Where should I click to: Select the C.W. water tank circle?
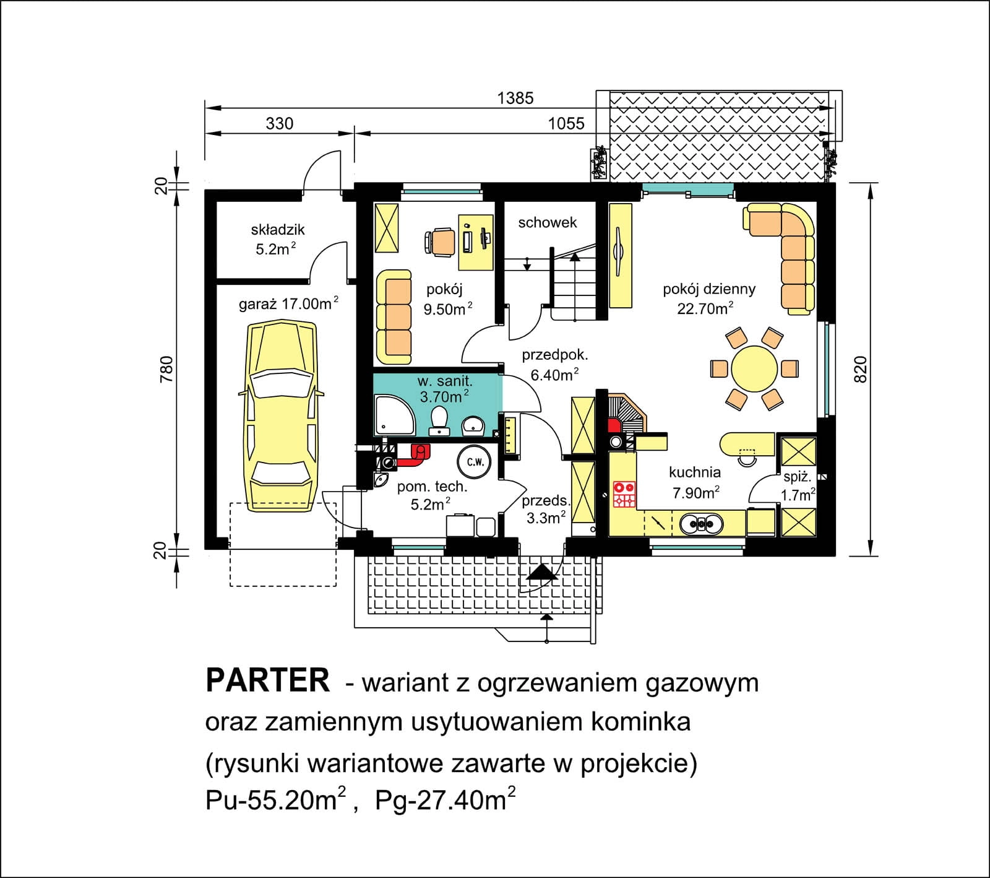(x=475, y=462)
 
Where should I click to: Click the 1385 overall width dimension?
(x=515, y=98)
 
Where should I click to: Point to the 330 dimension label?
(x=280, y=124)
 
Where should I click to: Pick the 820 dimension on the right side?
(x=861, y=369)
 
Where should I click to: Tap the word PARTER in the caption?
(x=267, y=680)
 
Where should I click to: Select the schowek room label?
(x=548, y=222)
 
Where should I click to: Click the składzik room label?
(x=278, y=230)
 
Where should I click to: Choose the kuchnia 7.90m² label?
(x=695, y=482)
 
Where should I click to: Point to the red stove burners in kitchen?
(x=624, y=495)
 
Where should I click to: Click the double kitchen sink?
(x=700, y=524)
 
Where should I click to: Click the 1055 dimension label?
(x=566, y=124)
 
